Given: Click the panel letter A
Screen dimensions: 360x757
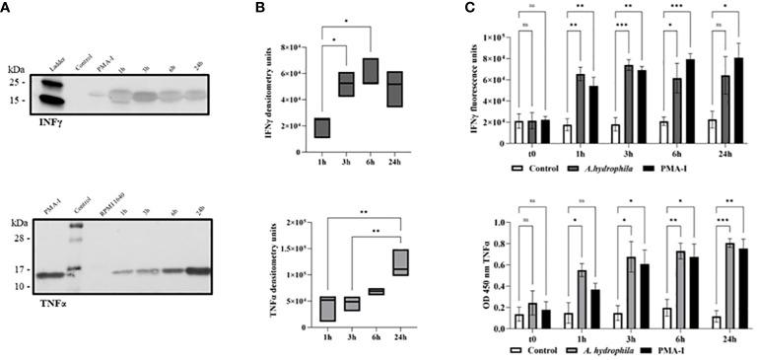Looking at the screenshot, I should pos(7,8).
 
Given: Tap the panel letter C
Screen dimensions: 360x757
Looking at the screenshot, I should pos(470,8).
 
